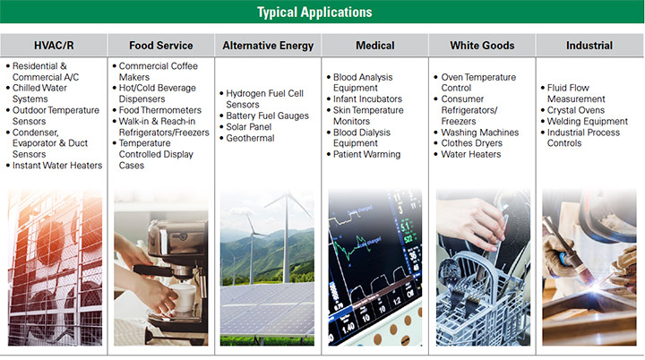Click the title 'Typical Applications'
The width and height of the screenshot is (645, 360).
pos(314,13)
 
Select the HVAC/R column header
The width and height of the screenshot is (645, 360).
pos(54,46)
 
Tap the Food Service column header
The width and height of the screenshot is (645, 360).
pos(161,46)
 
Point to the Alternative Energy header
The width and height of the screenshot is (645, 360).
pos(268,46)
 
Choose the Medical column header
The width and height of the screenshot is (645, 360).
pos(375,46)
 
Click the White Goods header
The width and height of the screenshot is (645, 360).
pos(482,46)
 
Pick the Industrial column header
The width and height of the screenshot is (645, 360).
pos(589,46)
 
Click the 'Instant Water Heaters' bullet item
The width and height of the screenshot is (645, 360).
pos(57,166)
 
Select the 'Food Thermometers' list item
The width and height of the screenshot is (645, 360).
pos(160,110)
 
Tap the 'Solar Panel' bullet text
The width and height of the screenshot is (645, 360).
pos(249,127)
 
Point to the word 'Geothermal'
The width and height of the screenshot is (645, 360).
pos(250,138)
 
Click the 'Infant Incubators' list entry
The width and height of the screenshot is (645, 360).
pos(368,99)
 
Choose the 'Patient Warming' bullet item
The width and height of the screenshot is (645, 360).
pos(367,154)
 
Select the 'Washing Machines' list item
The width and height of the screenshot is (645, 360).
pos(480,133)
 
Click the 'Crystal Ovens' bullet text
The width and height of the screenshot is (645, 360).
pos(576,110)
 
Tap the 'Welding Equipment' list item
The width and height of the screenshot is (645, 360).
pos(588,122)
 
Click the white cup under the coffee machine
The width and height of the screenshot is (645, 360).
pos(184,297)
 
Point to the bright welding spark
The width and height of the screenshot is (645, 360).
pos(595,283)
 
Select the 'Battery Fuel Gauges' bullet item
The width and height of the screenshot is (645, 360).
pos(267,116)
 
